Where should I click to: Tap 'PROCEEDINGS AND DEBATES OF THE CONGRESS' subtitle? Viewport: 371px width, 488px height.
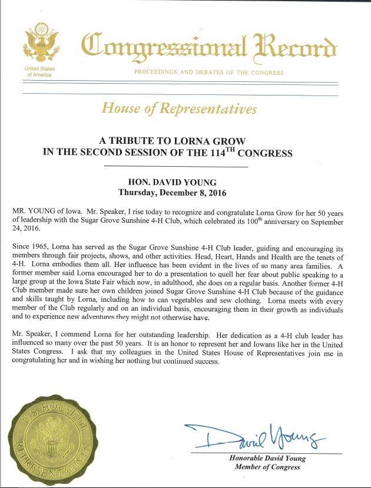tap(208, 72)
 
